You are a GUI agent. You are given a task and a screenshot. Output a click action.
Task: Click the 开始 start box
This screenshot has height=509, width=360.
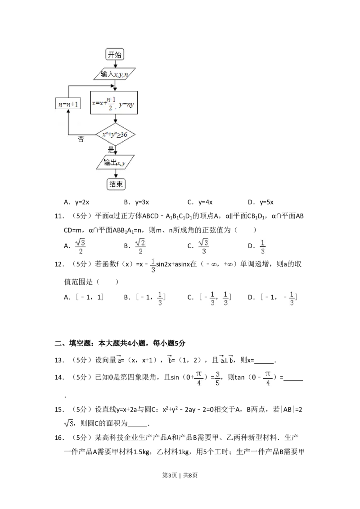(x=115, y=55)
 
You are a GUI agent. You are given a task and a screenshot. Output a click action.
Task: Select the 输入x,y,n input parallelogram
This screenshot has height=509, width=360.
(x=115, y=74)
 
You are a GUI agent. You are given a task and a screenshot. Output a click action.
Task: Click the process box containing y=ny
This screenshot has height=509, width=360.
(x=115, y=103)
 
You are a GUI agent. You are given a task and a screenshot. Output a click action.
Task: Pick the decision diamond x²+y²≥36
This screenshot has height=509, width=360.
(x=115, y=134)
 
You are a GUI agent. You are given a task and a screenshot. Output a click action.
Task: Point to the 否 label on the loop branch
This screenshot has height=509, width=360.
(x=81, y=140)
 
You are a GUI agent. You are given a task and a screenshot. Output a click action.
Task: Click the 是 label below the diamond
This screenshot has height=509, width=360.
(x=111, y=149)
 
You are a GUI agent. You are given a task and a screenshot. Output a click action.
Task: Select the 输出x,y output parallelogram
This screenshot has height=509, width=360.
(x=115, y=162)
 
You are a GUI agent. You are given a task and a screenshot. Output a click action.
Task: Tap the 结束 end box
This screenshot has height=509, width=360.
(x=116, y=184)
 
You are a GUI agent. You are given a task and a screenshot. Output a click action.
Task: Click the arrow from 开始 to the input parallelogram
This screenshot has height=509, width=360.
(x=115, y=64)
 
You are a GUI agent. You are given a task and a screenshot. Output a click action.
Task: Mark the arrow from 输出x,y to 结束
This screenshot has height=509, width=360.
(x=116, y=174)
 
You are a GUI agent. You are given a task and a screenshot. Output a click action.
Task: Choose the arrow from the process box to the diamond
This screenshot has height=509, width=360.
(x=115, y=119)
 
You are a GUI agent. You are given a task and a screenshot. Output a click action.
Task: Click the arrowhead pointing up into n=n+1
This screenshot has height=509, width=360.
(x=67, y=113)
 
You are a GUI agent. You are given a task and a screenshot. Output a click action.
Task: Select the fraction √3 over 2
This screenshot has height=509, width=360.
(x=79, y=246)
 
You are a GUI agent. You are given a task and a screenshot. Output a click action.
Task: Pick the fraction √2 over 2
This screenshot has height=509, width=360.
(x=140, y=246)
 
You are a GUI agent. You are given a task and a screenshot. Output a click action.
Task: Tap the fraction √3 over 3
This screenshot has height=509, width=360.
(x=205, y=246)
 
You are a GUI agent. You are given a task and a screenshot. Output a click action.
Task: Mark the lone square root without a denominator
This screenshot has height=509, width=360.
(x=68, y=423)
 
